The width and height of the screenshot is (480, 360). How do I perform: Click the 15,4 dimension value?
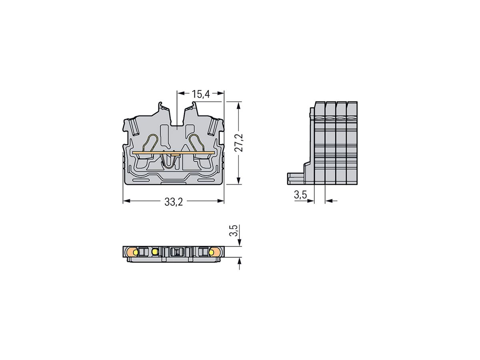click(x=200, y=94)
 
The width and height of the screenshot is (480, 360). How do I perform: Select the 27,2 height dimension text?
click(x=239, y=143)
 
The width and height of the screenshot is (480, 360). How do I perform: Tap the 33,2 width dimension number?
click(x=173, y=202)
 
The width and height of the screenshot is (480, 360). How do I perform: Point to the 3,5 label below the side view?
click(x=300, y=195)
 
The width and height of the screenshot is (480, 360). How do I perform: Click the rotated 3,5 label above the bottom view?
click(x=235, y=231)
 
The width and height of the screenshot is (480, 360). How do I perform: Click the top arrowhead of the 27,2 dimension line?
click(x=239, y=105)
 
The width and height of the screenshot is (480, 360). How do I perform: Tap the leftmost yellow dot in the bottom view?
click(x=136, y=252)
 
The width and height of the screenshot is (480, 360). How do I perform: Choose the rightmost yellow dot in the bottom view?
click(x=211, y=252)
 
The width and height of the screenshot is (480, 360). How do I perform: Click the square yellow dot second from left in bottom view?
click(x=155, y=252)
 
